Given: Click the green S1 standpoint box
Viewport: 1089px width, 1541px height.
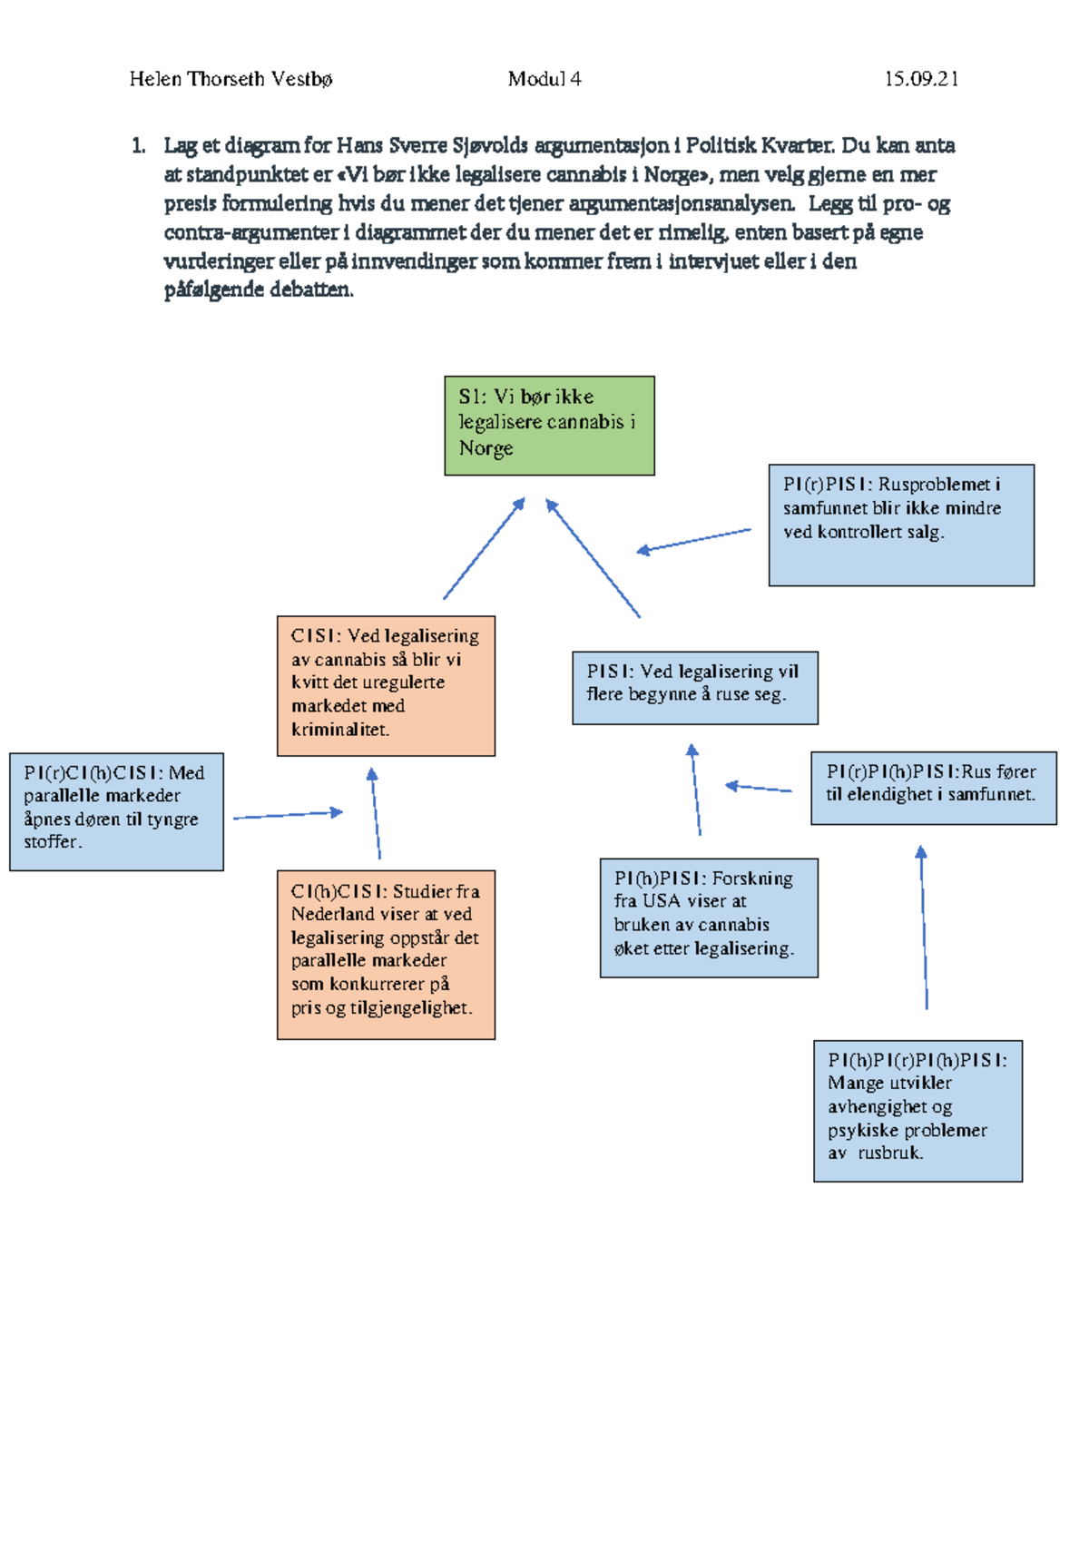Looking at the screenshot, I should [549, 426].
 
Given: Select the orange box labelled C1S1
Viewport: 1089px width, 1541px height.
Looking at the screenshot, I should [386, 685].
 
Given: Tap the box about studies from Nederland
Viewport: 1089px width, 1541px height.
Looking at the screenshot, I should [386, 954].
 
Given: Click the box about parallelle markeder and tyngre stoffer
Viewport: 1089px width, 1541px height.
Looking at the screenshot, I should [116, 811].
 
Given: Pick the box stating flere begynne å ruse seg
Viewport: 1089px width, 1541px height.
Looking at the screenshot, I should [694, 687].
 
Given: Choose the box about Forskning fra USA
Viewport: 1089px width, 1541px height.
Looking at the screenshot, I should [709, 918].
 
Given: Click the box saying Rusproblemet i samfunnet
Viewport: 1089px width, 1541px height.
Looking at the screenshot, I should [900, 525].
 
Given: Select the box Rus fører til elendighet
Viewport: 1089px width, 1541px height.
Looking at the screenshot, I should [933, 787].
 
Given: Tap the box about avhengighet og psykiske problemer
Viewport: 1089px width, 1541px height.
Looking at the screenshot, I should [917, 1110].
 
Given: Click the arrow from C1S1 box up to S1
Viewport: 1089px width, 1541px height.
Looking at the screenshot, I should [484, 549].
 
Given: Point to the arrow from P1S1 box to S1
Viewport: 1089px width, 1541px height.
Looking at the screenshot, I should [594, 558].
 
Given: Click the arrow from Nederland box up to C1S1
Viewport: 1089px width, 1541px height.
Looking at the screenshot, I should [376, 813].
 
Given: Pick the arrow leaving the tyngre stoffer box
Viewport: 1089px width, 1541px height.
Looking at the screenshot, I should [288, 815].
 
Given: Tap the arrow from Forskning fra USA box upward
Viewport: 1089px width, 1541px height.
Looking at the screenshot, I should [696, 790].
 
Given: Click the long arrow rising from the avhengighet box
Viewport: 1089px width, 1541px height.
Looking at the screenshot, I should [924, 927].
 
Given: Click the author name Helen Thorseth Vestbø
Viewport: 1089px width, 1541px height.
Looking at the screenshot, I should [231, 79].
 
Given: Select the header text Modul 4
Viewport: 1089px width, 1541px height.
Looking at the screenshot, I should [544, 79].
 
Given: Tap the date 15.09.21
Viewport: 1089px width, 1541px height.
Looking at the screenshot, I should [921, 79].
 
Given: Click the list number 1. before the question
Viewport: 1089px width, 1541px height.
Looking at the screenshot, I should [138, 145].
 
